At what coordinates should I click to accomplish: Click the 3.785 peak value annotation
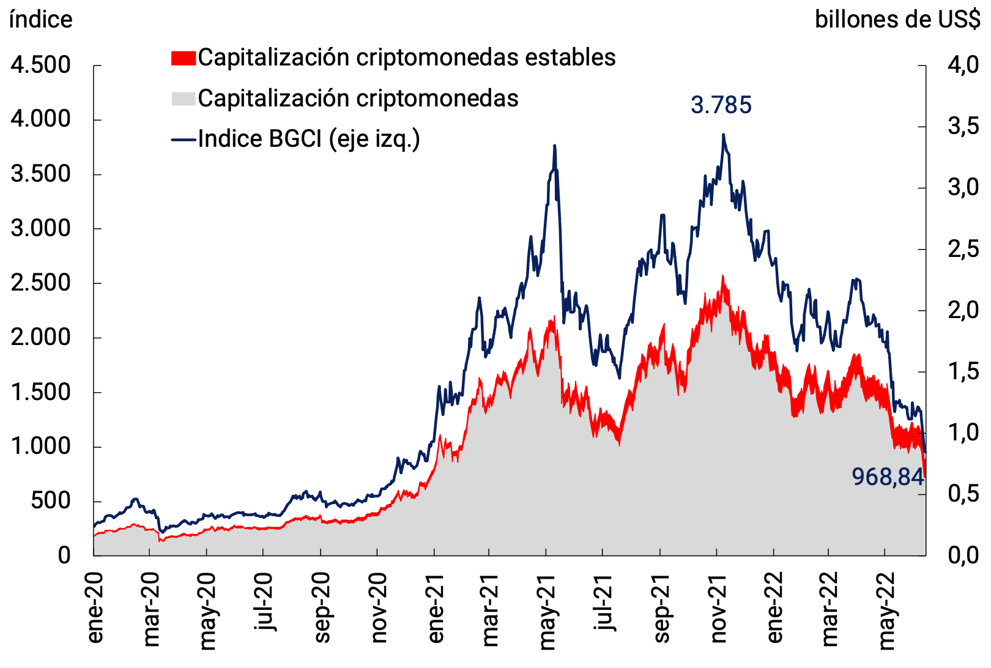tap(721, 105)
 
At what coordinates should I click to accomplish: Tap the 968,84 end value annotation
tap(887, 477)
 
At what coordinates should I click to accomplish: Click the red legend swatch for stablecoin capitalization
tap(183, 58)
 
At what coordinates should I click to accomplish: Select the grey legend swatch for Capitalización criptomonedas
tap(183, 98)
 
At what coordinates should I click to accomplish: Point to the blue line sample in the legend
tap(183, 139)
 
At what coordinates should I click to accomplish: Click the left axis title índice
tap(40, 20)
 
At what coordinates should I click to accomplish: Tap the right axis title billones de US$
tap(897, 20)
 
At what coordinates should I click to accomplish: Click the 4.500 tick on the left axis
tap(40, 65)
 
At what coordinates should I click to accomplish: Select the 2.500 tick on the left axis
tap(40, 283)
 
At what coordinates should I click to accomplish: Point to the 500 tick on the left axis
tap(50, 501)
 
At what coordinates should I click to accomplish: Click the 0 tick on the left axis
tap(64, 555)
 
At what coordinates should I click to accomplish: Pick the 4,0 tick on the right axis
tap(963, 65)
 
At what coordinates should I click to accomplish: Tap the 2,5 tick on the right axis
tap(963, 249)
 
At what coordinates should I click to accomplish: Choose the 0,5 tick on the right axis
tap(963, 494)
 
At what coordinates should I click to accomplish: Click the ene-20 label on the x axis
tap(95, 608)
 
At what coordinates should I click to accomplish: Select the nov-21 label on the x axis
tap(719, 608)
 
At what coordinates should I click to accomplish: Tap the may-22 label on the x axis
tap(887, 610)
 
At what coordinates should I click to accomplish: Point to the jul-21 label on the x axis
tap(604, 603)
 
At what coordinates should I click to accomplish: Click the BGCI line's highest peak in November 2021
tap(723, 135)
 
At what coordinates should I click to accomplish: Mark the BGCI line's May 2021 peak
tap(554, 146)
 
